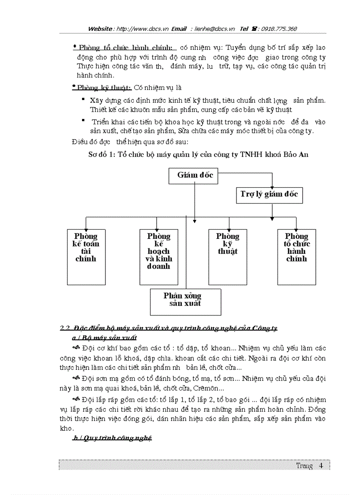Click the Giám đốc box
point(195,175)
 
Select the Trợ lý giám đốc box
point(269,194)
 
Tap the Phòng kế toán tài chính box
point(86,257)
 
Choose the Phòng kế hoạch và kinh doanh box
point(158,257)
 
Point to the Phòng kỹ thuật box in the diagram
point(228,257)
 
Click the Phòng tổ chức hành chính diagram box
point(296,257)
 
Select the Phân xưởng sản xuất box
point(185,301)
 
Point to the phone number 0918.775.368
point(279,29)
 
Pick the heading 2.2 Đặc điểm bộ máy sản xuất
point(169,328)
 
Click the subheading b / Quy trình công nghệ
point(112,438)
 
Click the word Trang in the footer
point(304,465)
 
